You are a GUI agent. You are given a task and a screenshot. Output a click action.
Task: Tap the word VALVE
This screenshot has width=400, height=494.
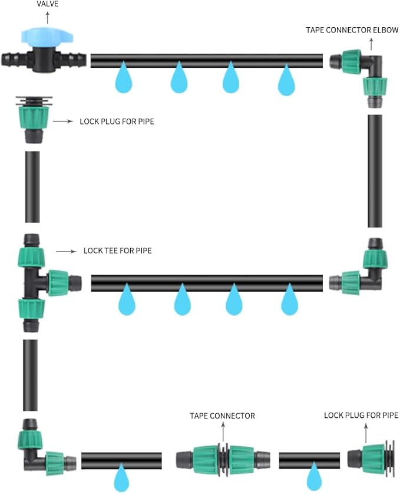(48, 5)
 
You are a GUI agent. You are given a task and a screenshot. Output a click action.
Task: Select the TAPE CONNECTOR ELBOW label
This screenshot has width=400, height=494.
(351, 30)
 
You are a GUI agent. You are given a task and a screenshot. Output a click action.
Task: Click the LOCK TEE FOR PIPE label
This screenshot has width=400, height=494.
(117, 251)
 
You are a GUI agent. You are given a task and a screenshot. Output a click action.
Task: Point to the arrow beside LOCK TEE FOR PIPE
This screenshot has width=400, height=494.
(67, 251)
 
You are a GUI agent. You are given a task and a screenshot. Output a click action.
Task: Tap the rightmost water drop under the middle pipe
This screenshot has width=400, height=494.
(289, 300)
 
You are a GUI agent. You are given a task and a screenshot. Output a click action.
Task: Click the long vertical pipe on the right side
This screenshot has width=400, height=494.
(375, 171)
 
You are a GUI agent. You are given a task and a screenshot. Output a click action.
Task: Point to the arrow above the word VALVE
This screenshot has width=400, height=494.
(48, 18)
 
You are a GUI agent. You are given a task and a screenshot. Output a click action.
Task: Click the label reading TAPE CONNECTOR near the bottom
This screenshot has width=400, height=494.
(222, 416)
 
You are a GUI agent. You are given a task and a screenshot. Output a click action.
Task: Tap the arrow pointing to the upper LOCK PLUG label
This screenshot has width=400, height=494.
(64, 122)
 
